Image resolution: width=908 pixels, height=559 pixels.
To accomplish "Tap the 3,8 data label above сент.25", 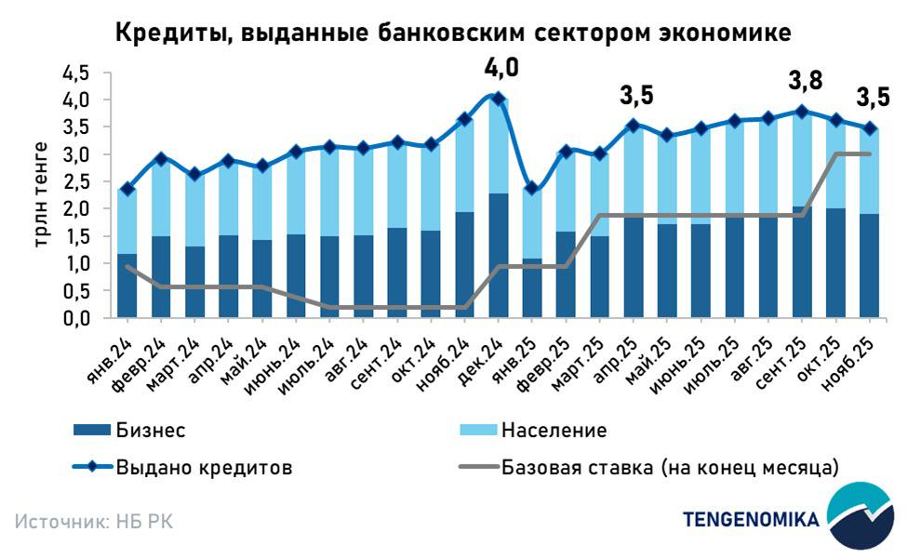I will (805, 81).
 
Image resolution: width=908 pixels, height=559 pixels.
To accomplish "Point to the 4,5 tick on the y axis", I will (76, 73).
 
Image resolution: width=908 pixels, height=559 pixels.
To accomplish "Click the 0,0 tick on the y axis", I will (76, 318).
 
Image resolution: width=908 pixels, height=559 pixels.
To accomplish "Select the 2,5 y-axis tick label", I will (76, 181).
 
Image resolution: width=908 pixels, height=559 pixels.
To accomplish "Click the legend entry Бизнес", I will (151, 431).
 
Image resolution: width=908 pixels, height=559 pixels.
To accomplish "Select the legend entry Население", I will (554, 431).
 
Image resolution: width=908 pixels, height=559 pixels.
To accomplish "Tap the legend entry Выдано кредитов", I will (204, 468).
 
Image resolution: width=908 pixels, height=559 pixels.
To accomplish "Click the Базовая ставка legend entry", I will (671, 468).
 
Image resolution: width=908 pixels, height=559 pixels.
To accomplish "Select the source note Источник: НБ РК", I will (94, 521).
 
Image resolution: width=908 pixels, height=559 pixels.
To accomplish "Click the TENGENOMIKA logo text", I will (752, 519).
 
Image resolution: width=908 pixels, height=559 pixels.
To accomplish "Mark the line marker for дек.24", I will (498, 99).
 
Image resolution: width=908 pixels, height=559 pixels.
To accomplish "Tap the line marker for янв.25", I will (532, 188).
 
